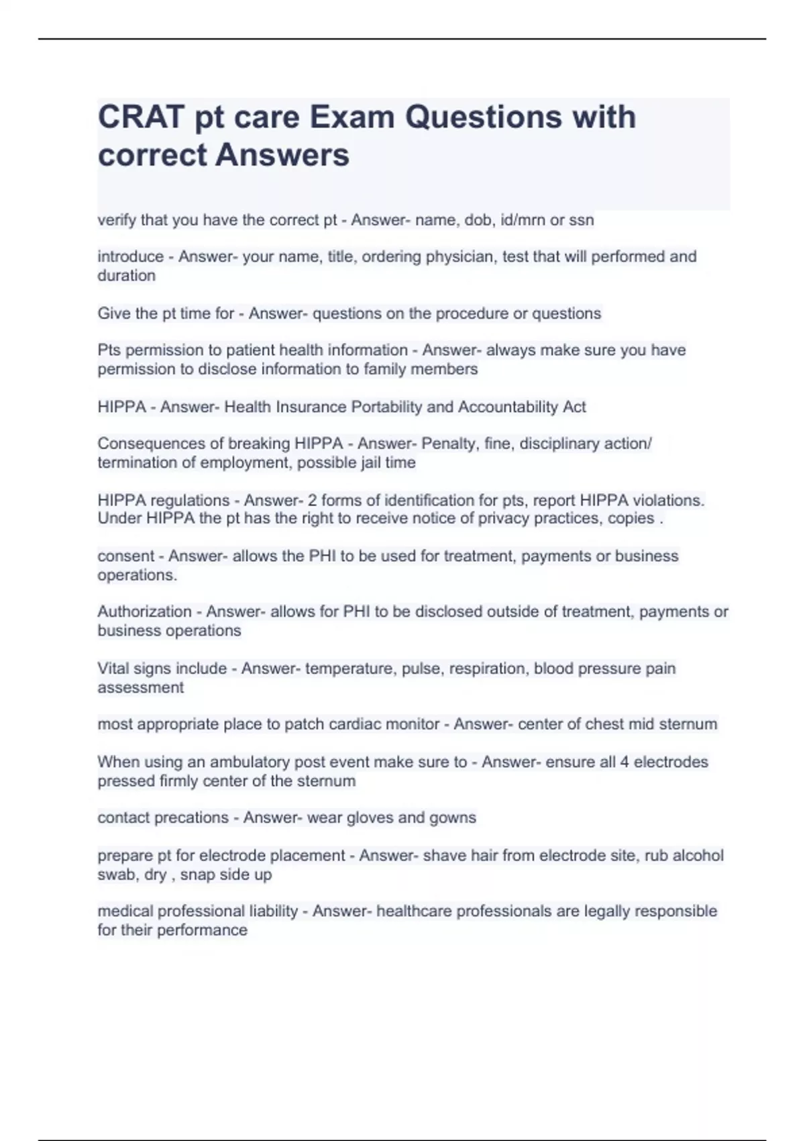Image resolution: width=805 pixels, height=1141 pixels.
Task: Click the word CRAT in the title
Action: coord(141,117)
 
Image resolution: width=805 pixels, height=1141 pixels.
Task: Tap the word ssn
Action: coord(581,220)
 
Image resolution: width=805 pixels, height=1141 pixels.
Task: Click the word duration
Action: coord(126,275)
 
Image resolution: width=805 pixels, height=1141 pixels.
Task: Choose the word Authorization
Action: coord(144,611)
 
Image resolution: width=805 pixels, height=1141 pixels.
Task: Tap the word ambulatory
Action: coord(254,762)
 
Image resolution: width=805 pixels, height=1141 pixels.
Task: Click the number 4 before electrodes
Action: coord(624,762)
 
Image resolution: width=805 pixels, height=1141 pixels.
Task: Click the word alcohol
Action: coord(698,855)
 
